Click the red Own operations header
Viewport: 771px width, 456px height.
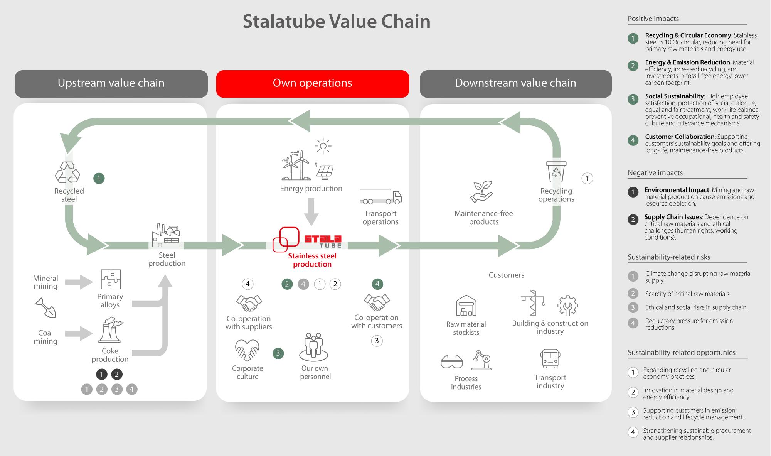pyautogui.click(x=312, y=83)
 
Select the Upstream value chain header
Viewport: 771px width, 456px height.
pyautogui.click(x=111, y=83)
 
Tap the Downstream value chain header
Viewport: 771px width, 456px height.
pyautogui.click(x=515, y=83)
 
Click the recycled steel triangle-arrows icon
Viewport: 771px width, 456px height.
pyautogui.click(x=67, y=172)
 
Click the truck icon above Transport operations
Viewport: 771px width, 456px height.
pyautogui.click(x=380, y=196)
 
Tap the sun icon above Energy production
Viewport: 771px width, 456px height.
pyautogui.click(x=323, y=146)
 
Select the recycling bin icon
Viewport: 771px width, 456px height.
pyautogui.click(x=556, y=172)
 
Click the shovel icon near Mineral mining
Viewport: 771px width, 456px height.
pyautogui.click(x=46, y=307)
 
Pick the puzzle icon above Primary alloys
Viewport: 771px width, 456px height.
pyautogui.click(x=111, y=279)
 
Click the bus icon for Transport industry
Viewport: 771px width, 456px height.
pyautogui.click(x=550, y=359)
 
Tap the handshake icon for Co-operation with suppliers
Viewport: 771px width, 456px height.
pyautogui.click(x=249, y=303)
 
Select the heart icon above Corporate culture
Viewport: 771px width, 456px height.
pyautogui.click(x=247, y=350)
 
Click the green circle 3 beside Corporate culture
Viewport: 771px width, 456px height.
pyautogui.click(x=278, y=353)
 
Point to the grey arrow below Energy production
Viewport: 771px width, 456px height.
pyautogui.click(x=311, y=211)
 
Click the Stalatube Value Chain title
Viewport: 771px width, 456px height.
pyautogui.click(x=336, y=22)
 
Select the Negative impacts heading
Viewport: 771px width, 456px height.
pyautogui.click(x=655, y=173)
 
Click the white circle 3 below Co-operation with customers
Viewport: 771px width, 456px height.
pyautogui.click(x=377, y=341)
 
